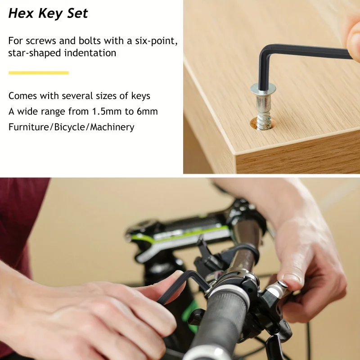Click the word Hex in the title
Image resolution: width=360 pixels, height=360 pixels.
click(22, 13)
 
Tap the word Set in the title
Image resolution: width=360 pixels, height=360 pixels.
click(77, 13)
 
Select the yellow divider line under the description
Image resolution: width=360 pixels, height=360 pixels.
click(39, 73)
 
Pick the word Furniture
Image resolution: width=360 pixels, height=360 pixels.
click(29, 127)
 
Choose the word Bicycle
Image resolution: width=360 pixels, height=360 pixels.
click(70, 127)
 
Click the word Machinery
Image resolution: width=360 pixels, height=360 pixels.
click(112, 127)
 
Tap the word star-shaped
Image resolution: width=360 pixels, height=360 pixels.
click(35, 53)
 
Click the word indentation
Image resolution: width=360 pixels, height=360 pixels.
click(90, 53)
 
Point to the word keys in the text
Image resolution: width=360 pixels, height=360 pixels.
click(141, 96)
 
